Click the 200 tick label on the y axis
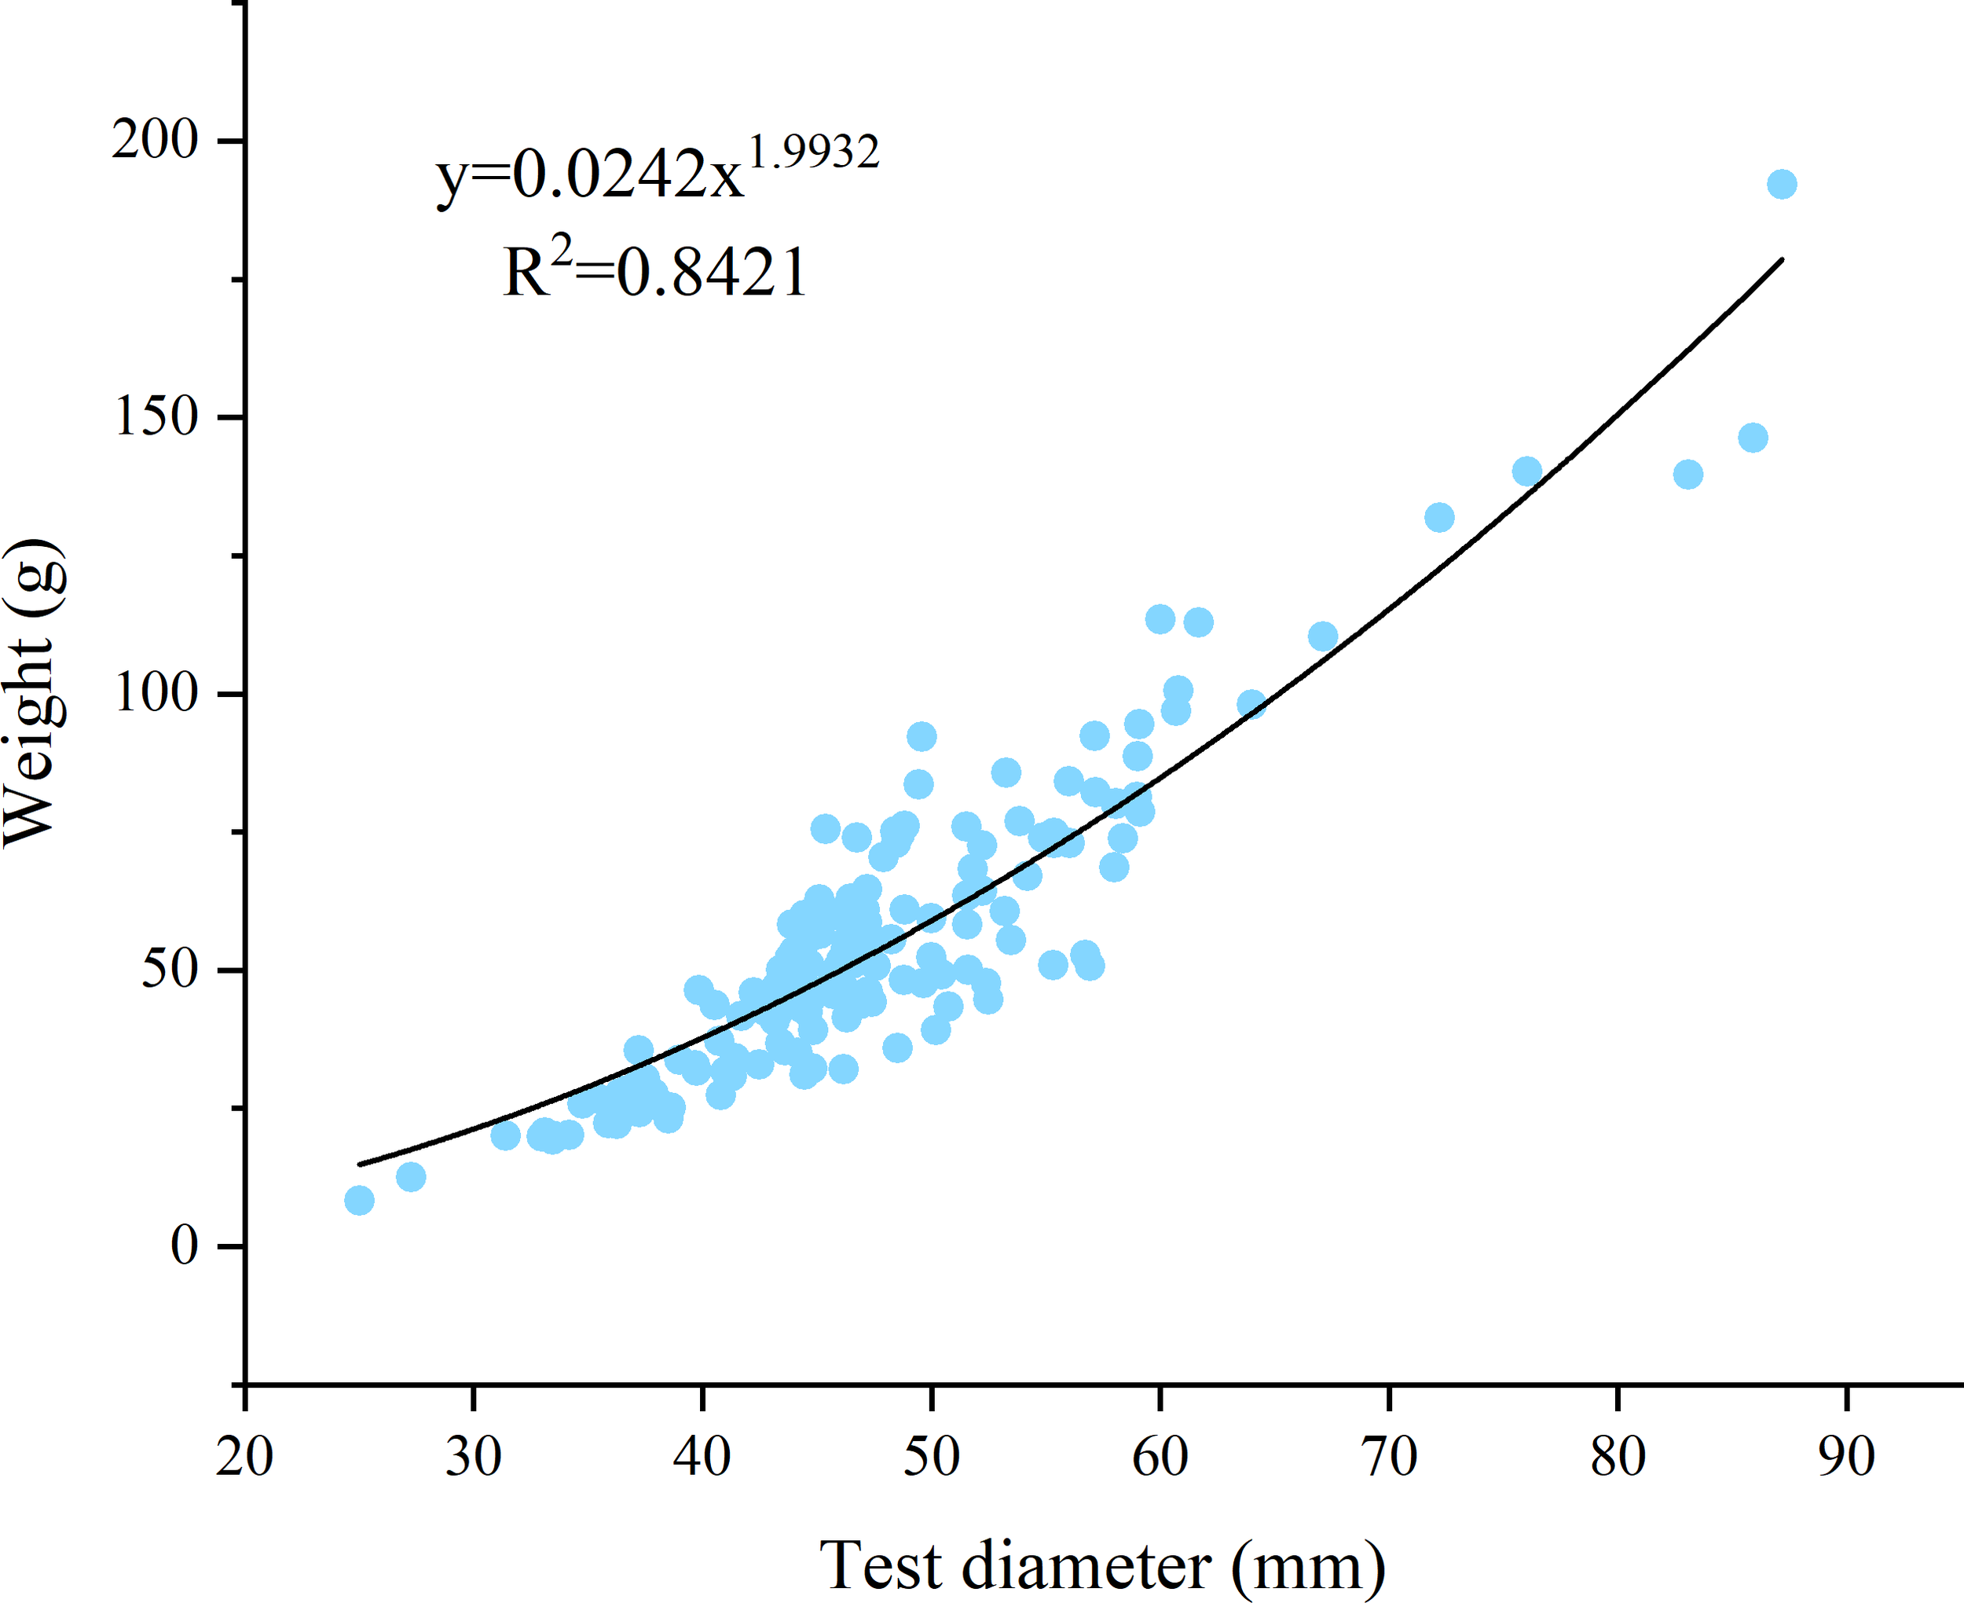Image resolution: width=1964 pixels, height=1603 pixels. coord(155,141)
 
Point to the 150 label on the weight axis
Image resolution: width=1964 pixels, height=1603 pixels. coord(155,416)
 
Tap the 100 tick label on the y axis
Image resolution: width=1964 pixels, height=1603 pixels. coord(155,692)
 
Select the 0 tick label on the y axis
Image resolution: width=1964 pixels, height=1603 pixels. coord(185,1245)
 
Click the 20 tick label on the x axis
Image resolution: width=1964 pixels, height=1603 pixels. coord(244,1457)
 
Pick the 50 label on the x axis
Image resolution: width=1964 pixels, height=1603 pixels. coord(931,1457)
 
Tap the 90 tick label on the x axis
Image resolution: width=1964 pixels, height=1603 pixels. coord(1847,1457)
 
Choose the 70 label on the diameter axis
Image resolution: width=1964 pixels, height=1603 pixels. coord(1389,1457)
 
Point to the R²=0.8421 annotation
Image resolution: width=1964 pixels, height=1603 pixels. coord(655,270)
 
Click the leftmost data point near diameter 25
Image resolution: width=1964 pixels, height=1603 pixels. coord(359,1201)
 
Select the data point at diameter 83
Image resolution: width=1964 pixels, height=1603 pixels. coord(1688,475)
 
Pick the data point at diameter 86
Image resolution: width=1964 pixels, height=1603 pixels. coord(1753,438)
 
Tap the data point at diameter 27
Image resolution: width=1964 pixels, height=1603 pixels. coord(411,1176)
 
